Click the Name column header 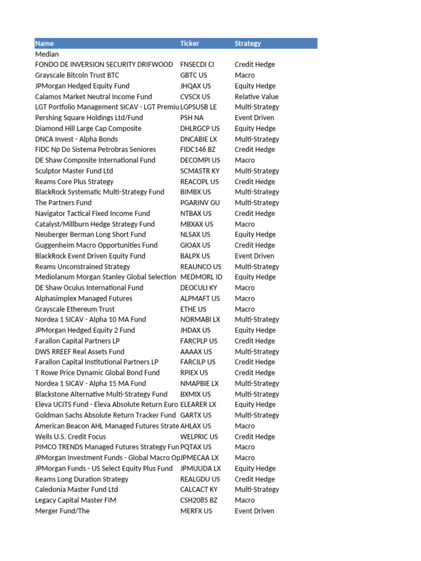44,43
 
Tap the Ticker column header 190,43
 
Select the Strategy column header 248,43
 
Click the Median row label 47,54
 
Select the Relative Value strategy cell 257,96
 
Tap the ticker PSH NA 192,118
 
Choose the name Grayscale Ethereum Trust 75,309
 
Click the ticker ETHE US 194,309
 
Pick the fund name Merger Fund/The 62,511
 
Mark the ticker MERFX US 196,511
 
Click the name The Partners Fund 63,203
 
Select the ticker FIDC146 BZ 198,150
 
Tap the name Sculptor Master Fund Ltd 74,171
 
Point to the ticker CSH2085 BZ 199,500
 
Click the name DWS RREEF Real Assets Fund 79,352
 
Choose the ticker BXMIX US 196,394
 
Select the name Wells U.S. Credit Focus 70,437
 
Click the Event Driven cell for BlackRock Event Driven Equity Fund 254,256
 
